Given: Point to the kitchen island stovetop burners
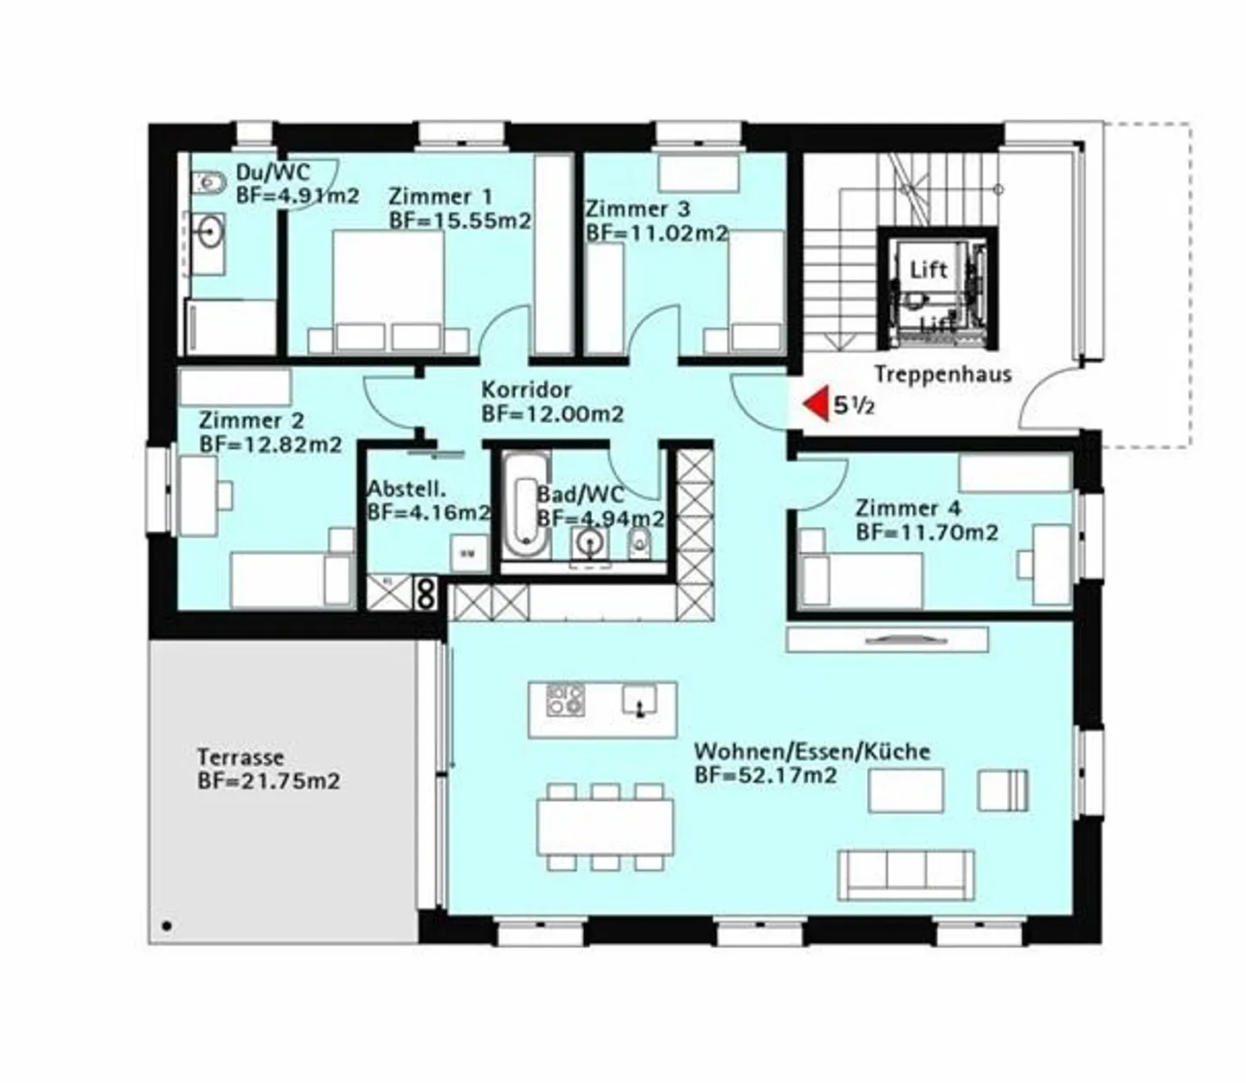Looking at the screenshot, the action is (x=565, y=700).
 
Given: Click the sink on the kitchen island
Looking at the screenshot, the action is (x=639, y=700).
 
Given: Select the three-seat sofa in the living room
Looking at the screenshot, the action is (x=906, y=875).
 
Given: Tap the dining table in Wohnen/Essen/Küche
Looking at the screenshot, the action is (x=606, y=827).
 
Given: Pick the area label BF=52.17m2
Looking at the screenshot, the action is (x=766, y=775).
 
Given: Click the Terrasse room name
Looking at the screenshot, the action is (x=241, y=757).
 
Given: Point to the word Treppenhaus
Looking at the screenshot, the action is (x=943, y=374).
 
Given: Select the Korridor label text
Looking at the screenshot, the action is (x=526, y=389).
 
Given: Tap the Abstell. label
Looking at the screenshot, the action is (x=407, y=488).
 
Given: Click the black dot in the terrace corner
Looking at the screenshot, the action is (x=167, y=926).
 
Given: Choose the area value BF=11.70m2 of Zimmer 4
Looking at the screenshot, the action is (x=927, y=533).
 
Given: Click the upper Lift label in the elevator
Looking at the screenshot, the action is (x=928, y=270).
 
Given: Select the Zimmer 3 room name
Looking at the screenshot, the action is (x=638, y=208).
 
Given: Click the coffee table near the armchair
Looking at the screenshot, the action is (x=906, y=790).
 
